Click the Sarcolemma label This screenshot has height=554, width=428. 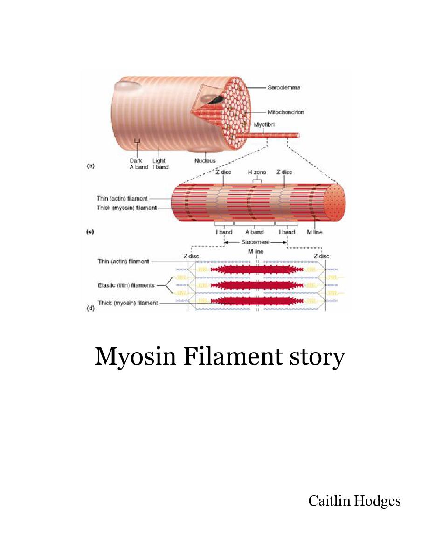click(284, 87)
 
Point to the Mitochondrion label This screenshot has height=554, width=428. click(286, 112)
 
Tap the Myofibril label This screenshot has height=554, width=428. click(265, 125)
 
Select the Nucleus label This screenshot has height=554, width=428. click(205, 161)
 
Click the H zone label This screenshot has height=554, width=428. click(257, 173)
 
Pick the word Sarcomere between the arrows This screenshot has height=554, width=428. click(255, 242)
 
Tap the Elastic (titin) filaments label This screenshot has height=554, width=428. click(126, 285)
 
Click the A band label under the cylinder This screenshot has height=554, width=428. click(255, 232)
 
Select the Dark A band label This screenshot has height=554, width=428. click(138, 164)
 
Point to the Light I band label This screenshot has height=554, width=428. click(160, 164)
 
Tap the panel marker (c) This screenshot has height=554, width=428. click(91, 232)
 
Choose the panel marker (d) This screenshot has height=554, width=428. click(91, 308)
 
